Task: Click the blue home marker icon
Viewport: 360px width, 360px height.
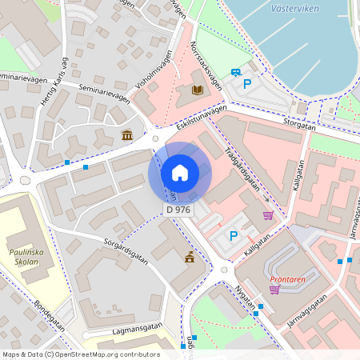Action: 179,173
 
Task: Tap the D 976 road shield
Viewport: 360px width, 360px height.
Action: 178,210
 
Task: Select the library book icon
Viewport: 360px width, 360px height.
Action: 196,90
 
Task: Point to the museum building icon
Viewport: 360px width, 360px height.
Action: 127,135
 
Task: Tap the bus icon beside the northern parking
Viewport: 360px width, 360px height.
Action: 236,72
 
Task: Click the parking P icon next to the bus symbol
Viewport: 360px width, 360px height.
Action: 247,83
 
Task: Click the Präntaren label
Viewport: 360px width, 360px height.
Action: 287,278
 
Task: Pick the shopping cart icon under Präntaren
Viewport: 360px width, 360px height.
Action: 274,290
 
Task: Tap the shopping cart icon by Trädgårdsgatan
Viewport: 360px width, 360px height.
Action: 267,215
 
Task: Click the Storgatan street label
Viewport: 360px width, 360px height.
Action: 301,124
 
